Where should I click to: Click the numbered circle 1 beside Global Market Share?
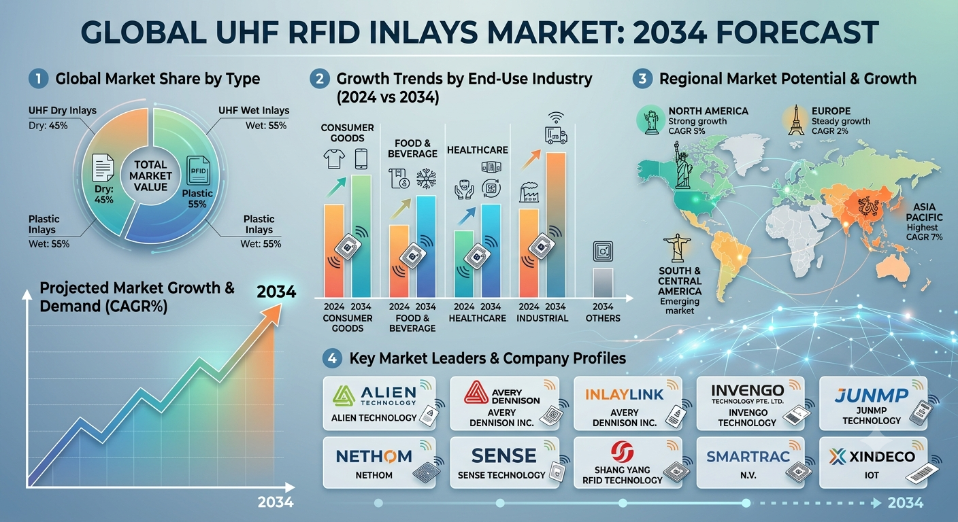pyautogui.click(x=39, y=79)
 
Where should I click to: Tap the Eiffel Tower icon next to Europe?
pyautogui.click(x=796, y=120)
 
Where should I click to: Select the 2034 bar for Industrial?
pyautogui.click(x=556, y=225)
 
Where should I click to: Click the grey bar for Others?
pyautogui.click(x=603, y=282)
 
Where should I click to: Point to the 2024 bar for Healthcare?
pyautogui.click(x=464, y=264)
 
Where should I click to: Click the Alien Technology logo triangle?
pyautogui.click(x=344, y=396)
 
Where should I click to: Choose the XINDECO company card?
pyautogui.click(x=874, y=463)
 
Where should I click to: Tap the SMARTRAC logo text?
pyautogui.click(x=748, y=457)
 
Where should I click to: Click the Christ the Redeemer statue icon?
pyautogui.click(x=677, y=248)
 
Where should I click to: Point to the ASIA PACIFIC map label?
pyautogui.click(x=924, y=212)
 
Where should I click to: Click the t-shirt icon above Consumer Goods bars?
pyautogui.click(x=334, y=159)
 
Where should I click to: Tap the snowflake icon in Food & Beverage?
pyautogui.click(x=426, y=178)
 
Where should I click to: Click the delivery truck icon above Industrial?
pyautogui.click(x=556, y=135)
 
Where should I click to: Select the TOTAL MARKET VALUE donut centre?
pyautogui.click(x=150, y=176)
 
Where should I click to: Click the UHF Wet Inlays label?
pyautogui.click(x=254, y=111)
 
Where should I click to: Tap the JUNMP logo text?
pyautogui.click(x=872, y=396)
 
